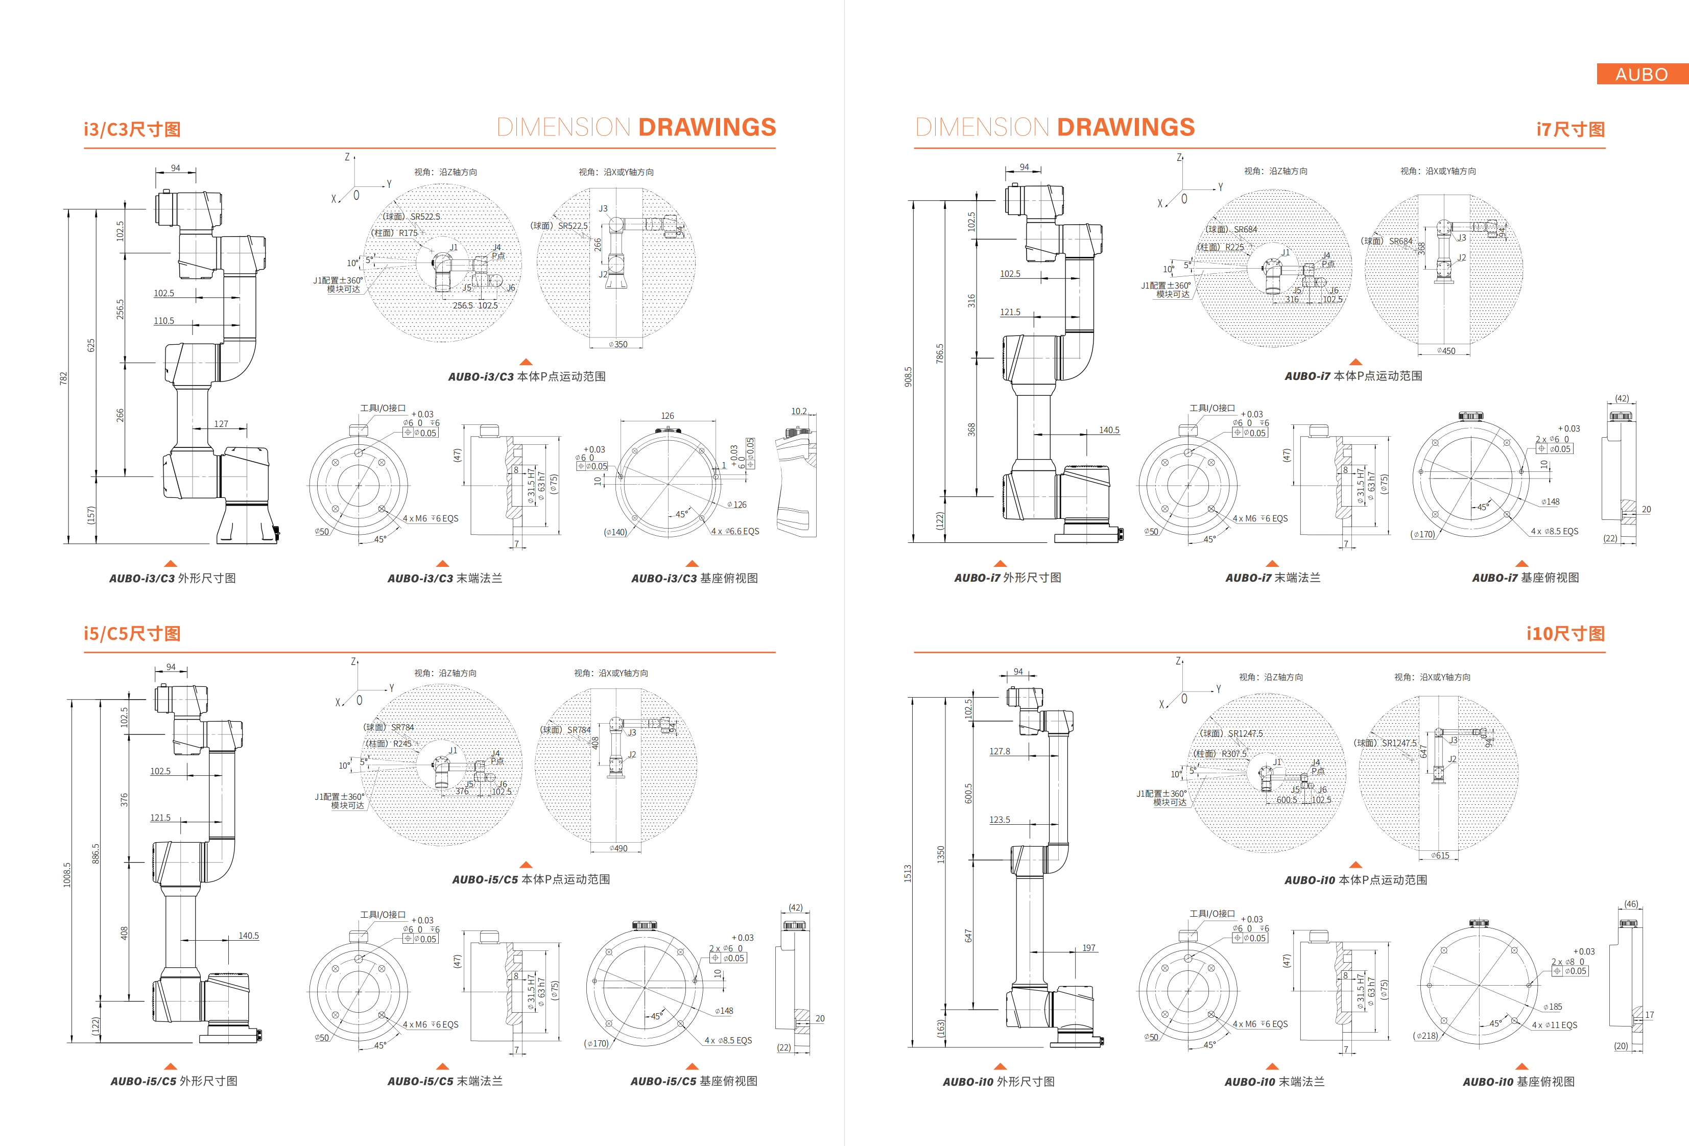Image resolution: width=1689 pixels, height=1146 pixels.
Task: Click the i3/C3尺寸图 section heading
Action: (x=132, y=129)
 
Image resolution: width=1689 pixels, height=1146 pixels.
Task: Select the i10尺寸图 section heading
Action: (x=1565, y=634)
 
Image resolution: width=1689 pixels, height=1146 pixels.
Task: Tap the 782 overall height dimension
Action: (x=63, y=378)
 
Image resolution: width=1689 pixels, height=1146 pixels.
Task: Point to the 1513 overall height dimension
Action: (x=907, y=873)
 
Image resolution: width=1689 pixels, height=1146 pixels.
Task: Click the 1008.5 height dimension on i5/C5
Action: (x=67, y=874)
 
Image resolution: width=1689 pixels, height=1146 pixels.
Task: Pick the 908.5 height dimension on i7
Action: (x=908, y=376)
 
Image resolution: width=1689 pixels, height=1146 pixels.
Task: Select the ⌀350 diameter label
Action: (x=618, y=344)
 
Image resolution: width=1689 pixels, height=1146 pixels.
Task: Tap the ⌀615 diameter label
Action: (x=1440, y=855)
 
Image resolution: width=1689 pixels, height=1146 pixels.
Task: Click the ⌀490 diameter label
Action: (x=618, y=848)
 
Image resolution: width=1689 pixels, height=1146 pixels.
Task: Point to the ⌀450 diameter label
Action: (x=1445, y=351)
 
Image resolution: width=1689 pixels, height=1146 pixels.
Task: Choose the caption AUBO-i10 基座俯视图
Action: (x=1518, y=1081)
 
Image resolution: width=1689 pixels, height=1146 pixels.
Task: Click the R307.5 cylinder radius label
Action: (x=1233, y=754)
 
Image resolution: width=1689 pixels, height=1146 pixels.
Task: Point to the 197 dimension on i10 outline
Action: (x=1089, y=948)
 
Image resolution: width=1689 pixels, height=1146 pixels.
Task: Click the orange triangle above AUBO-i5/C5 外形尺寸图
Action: (x=171, y=1066)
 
